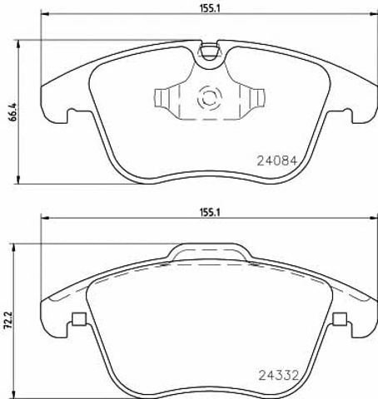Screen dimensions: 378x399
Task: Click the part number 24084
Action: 277,160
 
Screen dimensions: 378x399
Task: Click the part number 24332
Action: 279,376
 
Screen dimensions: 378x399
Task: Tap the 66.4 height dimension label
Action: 12,111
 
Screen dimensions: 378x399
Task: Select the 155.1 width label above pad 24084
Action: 210,8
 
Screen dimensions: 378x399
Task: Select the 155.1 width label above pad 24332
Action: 210,213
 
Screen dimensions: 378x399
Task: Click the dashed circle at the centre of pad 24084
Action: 210,98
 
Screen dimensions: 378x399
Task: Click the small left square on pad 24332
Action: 79,319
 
